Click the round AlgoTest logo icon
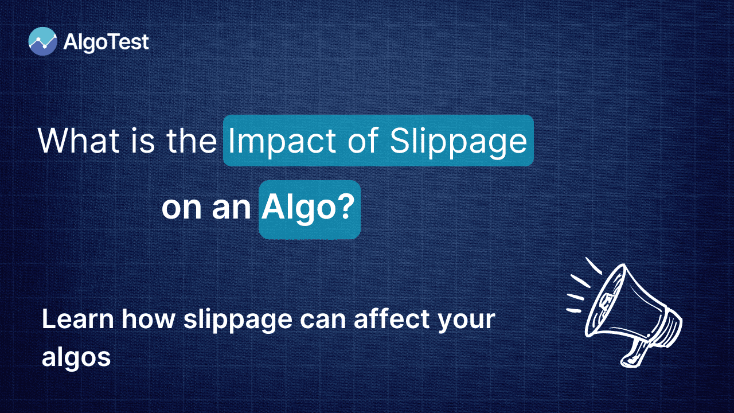point(42,41)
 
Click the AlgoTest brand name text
point(106,42)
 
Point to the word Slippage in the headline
point(459,141)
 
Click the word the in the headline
point(192,141)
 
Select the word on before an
point(182,209)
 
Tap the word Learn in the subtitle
point(77,318)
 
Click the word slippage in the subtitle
point(237,320)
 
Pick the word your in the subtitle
point(467,321)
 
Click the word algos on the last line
point(76,357)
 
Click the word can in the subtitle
point(323,320)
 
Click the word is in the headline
point(143,142)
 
